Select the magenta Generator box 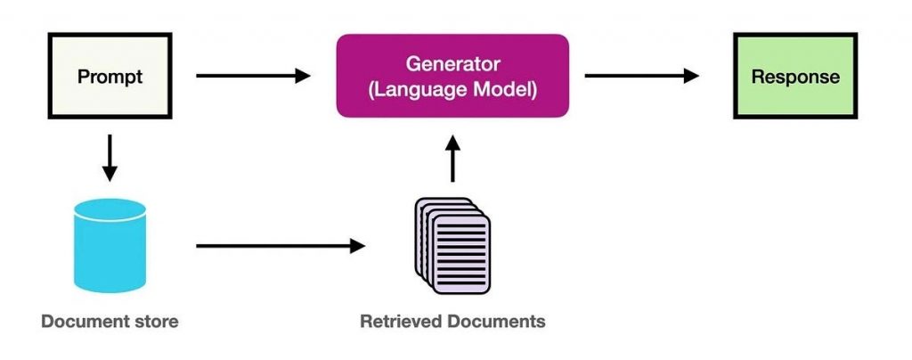click(x=452, y=76)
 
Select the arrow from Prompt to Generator click(x=253, y=76)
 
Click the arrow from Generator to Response click(x=641, y=76)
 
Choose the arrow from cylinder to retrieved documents click(x=281, y=245)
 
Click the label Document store click(x=110, y=321)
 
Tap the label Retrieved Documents click(x=452, y=321)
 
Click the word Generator click(x=452, y=64)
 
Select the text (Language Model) click(x=452, y=90)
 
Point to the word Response click(x=795, y=76)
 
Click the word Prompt click(x=110, y=76)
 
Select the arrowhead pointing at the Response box click(x=690, y=76)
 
